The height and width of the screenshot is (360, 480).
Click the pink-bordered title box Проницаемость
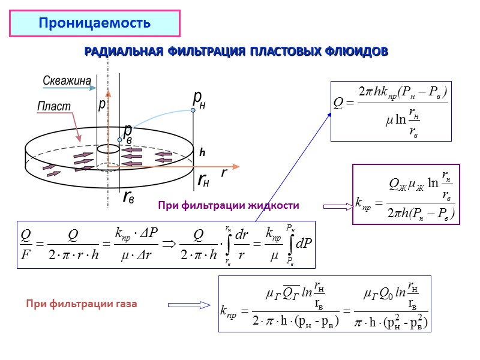point(94,24)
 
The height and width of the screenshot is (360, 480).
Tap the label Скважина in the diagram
point(67,80)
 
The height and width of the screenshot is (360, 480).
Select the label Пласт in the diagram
point(54,106)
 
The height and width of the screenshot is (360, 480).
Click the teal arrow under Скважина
point(65,88)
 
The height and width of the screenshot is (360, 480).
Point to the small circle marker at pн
point(193,110)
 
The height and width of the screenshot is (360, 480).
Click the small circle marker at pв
point(120,140)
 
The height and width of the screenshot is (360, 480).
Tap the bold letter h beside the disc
point(202,154)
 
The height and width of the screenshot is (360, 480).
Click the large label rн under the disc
point(205,179)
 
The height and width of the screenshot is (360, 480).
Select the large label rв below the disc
point(128,196)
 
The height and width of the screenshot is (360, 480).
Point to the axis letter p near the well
point(102,104)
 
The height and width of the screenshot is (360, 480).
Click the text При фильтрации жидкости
point(229,206)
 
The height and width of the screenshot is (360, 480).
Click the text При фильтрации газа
point(82,304)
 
